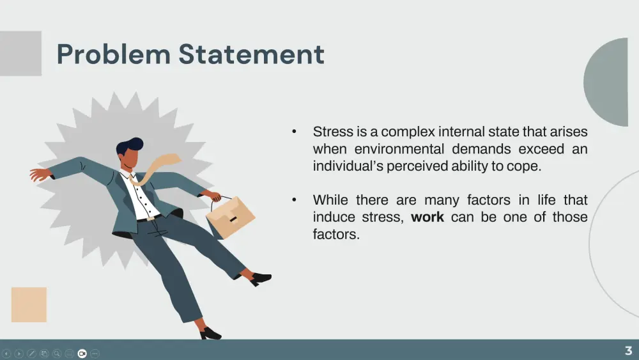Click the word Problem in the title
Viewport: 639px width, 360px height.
[113, 54]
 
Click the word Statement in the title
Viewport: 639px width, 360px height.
[251, 54]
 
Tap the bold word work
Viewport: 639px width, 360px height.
[427, 217]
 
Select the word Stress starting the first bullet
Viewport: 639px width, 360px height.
[333, 132]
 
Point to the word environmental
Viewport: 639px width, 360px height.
[399, 149]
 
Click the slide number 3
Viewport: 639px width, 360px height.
[628, 350]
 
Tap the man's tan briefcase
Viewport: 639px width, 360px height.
[230, 216]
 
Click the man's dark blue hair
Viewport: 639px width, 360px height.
[130, 146]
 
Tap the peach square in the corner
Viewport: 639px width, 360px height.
[29, 304]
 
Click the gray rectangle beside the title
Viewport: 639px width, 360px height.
[21, 54]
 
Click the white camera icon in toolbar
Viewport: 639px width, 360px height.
[82, 354]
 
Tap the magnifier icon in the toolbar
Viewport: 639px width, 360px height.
[57, 354]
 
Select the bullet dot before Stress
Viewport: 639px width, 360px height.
[294, 131]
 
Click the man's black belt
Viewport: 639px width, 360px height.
[148, 219]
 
